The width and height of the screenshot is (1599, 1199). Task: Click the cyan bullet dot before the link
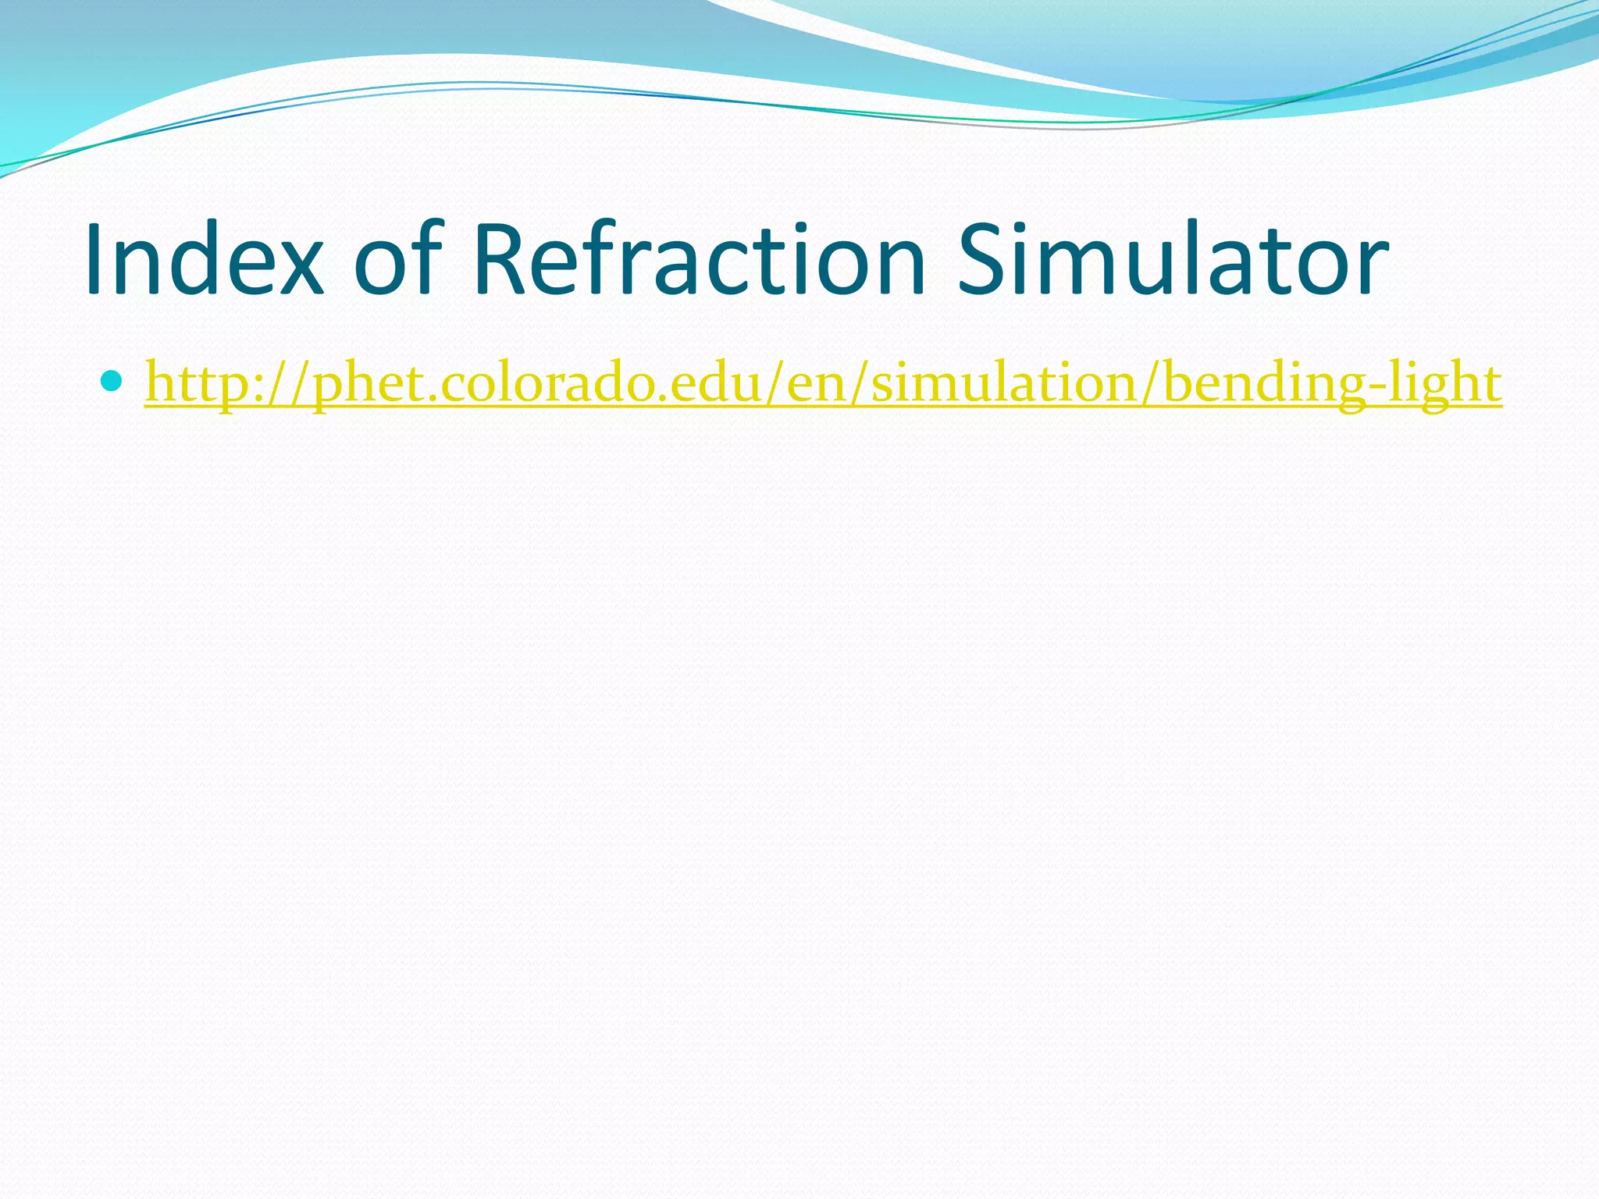(x=113, y=382)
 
